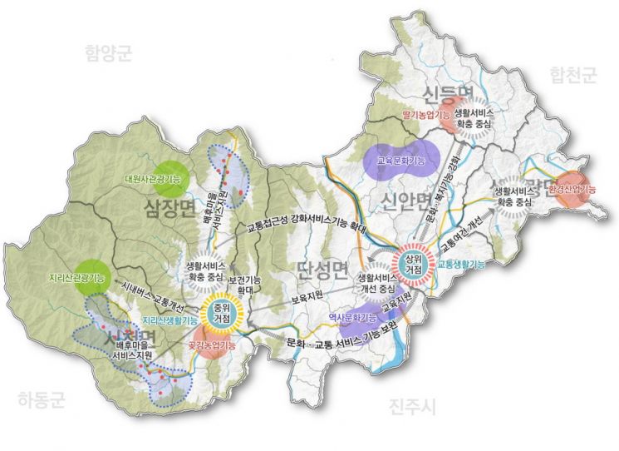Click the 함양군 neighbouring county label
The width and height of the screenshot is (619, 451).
[x=109, y=53]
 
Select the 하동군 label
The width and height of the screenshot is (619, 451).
[x=41, y=400]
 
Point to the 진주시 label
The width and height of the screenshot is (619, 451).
[x=412, y=405]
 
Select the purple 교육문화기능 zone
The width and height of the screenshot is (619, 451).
[x=400, y=160]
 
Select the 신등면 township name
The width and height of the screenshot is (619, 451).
[x=448, y=92]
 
